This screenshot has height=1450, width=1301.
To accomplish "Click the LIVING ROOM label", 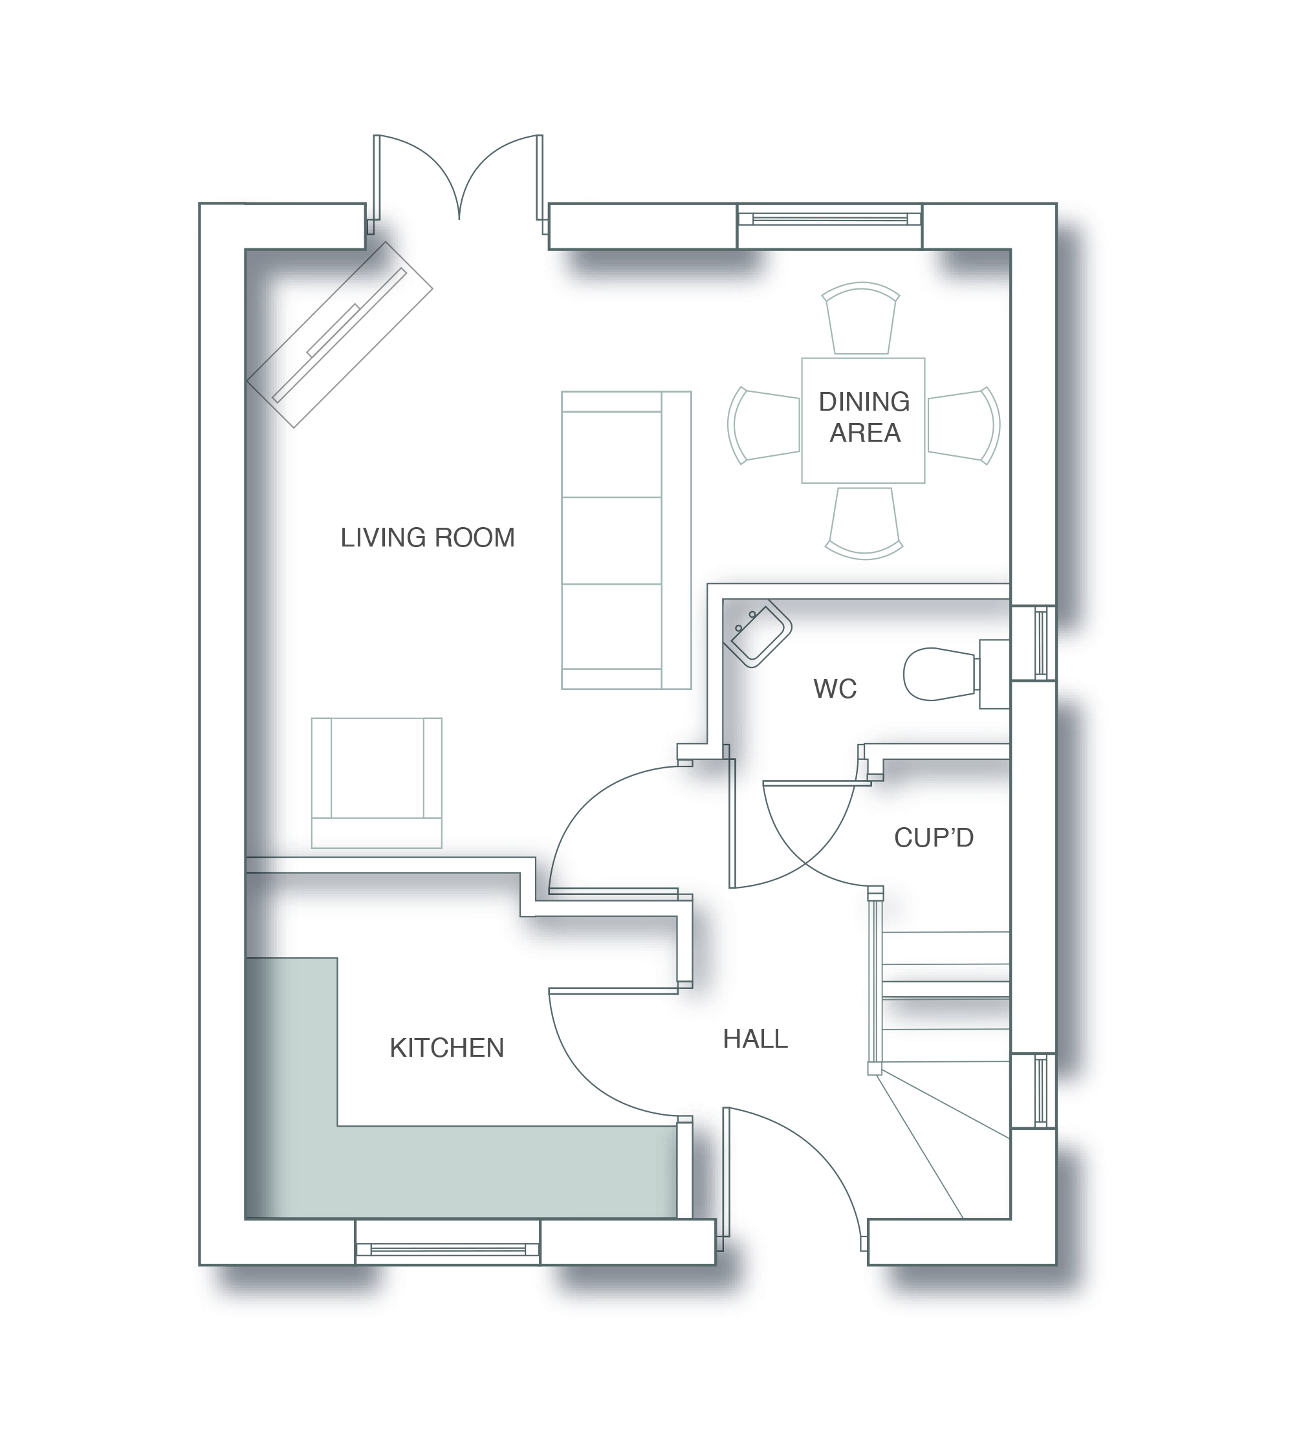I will (x=428, y=538).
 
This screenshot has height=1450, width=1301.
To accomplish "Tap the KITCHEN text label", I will (x=447, y=1048).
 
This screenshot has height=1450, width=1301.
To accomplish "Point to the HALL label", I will (x=755, y=1039).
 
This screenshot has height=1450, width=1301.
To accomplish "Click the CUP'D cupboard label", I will (x=934, y=838).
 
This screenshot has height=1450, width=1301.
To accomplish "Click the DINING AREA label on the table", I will (x=864, y=417).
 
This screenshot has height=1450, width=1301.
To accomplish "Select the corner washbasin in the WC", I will (x=757, y=634).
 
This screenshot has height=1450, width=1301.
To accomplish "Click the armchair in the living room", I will (x=377, y=783).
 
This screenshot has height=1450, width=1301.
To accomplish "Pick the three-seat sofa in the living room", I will (x=625, y=540).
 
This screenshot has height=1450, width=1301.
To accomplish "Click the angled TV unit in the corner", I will (x=340, y=334).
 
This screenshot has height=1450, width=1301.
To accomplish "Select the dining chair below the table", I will (x=864, y=523).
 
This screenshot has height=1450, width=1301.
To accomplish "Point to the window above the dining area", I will (x=829, y=219).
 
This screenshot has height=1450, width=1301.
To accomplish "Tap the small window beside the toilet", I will (x=1041, y=642).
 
